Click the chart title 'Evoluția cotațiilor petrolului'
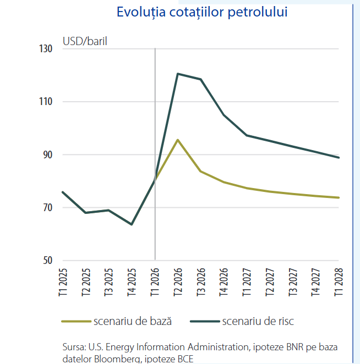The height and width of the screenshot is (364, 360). pos(202,12)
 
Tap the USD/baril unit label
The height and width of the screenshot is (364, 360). pos(85,41)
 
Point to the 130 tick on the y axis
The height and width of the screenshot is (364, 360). pos(46,49)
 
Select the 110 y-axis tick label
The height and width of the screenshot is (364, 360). pos(46,101)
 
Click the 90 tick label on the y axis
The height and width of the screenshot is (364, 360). pos(48,155)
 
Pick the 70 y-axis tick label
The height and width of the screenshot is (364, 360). pos(48,207)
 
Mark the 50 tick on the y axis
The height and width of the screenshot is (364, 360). pos(48,260)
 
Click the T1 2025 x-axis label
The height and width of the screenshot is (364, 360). pos(63,282)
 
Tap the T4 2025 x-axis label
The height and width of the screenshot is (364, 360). pos(132,282)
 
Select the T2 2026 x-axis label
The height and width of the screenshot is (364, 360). pos(178,282)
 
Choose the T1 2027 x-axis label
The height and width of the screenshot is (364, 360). pos(247,282)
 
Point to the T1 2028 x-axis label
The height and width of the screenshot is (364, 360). pos(339,282)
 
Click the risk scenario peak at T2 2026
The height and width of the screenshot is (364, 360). pos(178,74)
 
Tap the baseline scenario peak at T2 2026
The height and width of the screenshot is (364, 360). pos(178,140)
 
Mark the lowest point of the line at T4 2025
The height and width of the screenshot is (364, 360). pos(132,224)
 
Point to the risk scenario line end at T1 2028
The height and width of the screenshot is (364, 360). pos(339,158)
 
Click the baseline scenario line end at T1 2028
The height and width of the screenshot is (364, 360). pos(339,197)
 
